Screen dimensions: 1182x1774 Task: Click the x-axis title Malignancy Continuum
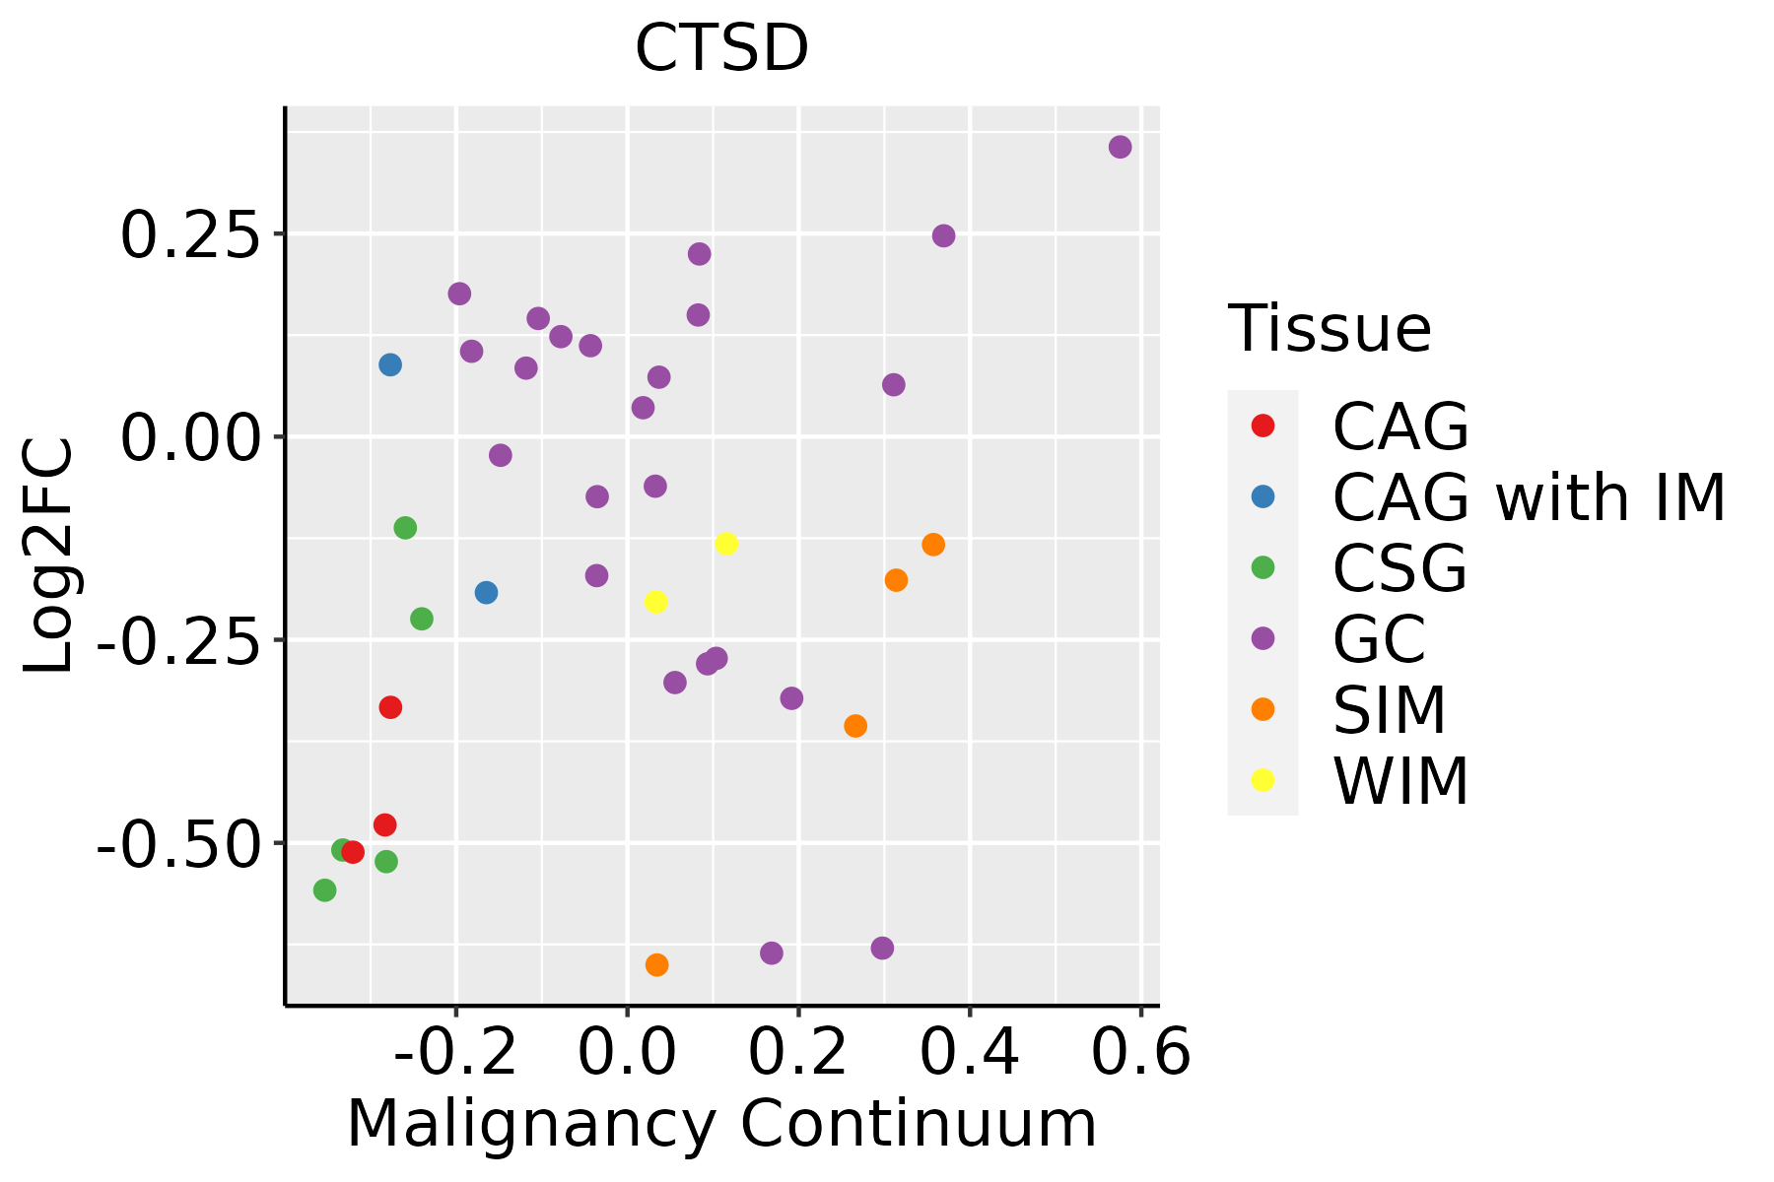click(721, 1124)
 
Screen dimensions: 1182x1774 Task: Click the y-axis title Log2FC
click(49, 557)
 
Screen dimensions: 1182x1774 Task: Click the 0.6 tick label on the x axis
click(1141, 1053)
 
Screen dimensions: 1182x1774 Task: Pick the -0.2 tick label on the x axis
click(456, 1053)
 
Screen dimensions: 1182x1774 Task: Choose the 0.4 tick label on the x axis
click(970, 1053)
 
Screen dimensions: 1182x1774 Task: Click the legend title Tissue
click(1330, 329)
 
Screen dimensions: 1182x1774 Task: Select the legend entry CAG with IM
click(1529, 497)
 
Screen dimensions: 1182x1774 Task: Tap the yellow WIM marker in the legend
click(1262, 780)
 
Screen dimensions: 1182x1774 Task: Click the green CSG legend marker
click(1262, 567)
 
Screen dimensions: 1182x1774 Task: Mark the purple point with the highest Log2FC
click(1120, 147)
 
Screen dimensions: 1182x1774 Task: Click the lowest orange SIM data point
click(656, 965)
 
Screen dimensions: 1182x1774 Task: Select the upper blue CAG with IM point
click(390, 364)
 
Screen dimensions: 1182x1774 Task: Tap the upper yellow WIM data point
click(726, 544)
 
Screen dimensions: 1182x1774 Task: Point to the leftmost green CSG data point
click(324, 890)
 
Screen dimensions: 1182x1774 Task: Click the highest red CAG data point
click(390, 707)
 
